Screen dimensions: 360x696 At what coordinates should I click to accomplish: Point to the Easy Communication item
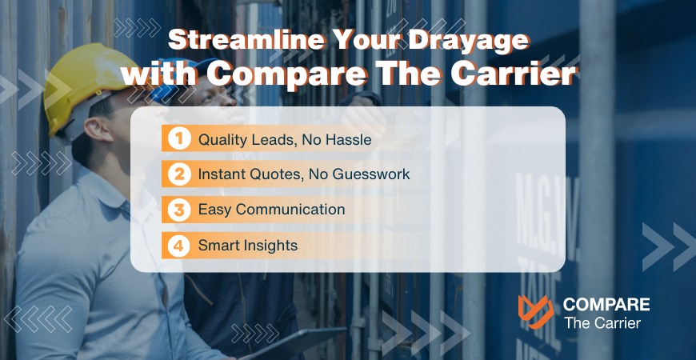pyautogui.click(x=272, y=210)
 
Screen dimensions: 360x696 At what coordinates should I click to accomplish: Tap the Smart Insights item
pyautogui.click(x=248, y=246)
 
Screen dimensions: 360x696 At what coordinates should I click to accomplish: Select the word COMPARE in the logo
pyautogui.click(x=606, y=304)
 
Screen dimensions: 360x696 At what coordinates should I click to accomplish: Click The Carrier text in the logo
pyautogui.click(x=602, y=323)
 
